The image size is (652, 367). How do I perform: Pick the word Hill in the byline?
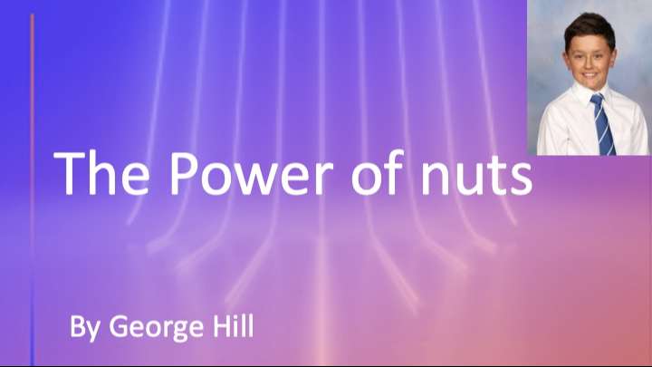pos(230,325)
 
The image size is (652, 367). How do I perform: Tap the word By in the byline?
pos(85,327)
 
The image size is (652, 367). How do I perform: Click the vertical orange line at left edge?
pos(33,181)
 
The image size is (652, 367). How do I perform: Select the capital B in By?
pos(79,325)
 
